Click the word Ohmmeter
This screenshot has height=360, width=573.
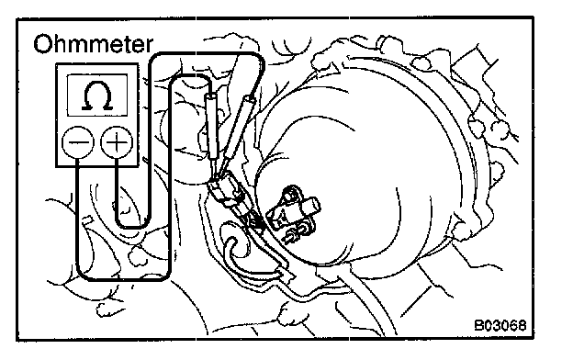pyautogui.click(x=93, y=44)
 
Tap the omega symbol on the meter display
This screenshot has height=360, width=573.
pyautogui.click(x=97, y=96)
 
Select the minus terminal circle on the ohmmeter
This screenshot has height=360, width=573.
pyautogui.click(x=78, y=142)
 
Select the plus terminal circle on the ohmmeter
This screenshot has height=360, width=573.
pyautogui.click(x=117, y=142)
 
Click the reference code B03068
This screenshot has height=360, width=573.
pyautogui.click(x=500, y=325)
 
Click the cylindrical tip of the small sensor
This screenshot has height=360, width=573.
pyautogui.click(x=311, y=207)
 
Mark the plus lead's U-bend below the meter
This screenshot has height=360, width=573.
pyautogui.click(x=132, y=225)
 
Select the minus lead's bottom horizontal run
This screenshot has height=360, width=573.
pyautogui.click(x=124, y=278)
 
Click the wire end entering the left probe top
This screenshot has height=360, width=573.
pyautogui.click(x=210, y=92)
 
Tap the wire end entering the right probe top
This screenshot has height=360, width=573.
pyautogui.click(x=252, y=95)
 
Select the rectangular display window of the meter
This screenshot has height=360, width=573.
pyautogui.click(x=97, y=96)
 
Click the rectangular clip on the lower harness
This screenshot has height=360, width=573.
pyautogui.click(x=286, y=274)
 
